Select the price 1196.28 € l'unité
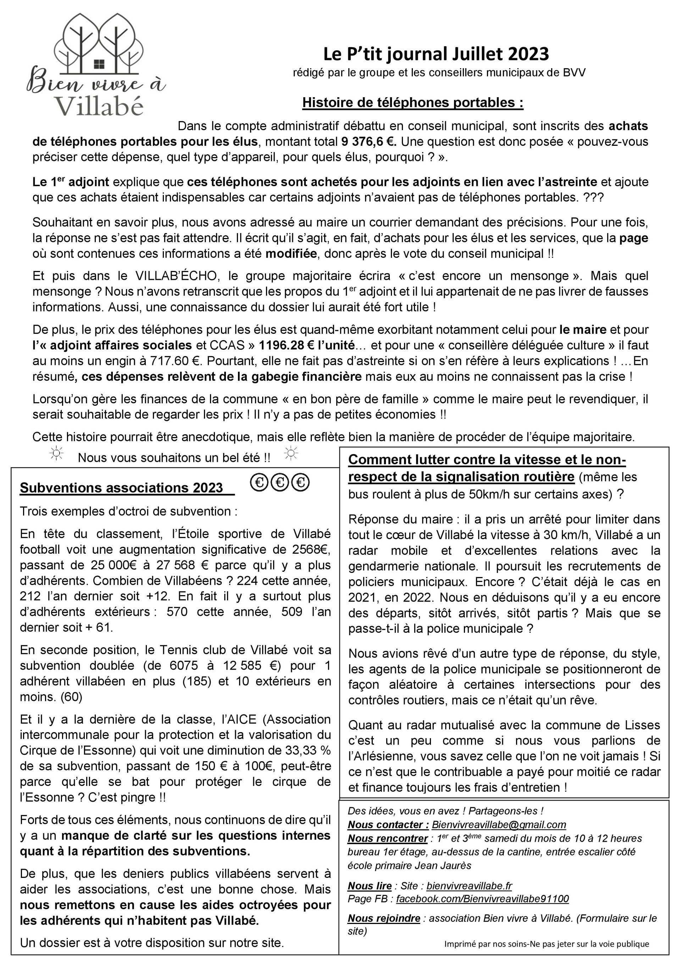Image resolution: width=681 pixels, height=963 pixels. [x=307, y=345]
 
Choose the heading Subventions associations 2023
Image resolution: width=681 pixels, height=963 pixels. [x=122, y=488]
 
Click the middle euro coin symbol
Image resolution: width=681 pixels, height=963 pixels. [x=280, y=483]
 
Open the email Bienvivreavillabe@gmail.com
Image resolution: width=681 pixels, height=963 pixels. [x=499, y=824]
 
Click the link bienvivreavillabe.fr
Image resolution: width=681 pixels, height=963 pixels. [x=469, y=885]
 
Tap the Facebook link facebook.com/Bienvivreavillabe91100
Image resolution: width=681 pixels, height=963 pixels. [x=482, y=898]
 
